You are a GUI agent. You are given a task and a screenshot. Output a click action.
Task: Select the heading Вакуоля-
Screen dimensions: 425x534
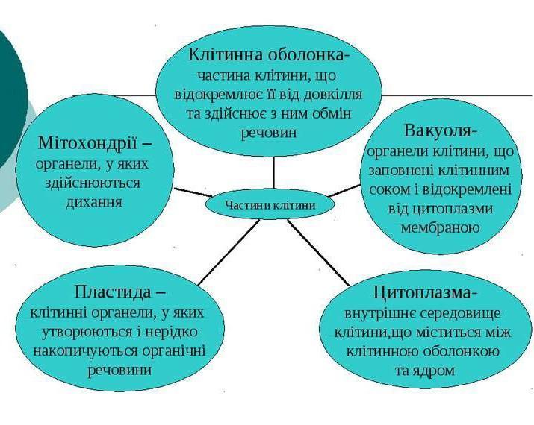(x=441, y=130)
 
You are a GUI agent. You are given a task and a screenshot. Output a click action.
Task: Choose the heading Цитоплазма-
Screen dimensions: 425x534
(x=425, y=292)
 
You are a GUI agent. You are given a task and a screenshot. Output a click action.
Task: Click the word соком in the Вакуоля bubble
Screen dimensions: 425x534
(x=390, y=189)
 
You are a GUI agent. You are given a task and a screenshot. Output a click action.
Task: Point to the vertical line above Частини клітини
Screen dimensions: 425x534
(x=273, y=173)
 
